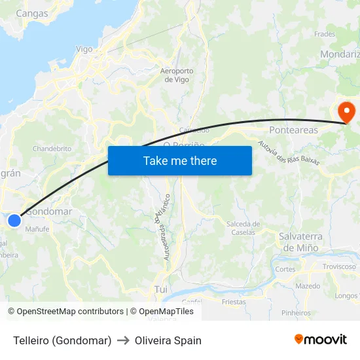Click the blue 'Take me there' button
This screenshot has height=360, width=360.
click(180, 160)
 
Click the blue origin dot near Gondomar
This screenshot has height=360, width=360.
click(14, 221)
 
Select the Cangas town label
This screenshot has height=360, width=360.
click(31, 13)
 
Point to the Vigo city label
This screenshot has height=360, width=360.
click(84, 49)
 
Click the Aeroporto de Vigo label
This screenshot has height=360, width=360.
click(177, 75)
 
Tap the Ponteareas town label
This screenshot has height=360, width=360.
click(293, 130)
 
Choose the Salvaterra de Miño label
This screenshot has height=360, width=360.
click(300, 242)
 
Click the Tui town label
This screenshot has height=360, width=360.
click(161, 289)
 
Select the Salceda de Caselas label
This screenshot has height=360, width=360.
click(243, 228)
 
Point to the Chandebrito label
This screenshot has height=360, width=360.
click(52, 149)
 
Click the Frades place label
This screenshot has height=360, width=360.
click(325, 34)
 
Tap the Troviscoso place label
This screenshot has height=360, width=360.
click(339, 266)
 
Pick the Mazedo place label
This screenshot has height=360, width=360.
click(308, 286)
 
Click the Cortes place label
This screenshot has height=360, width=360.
click(285, 269)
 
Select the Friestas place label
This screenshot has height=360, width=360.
click(234, 302)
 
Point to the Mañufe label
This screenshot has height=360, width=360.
click(37, 229)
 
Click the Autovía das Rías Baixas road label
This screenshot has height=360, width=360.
click(288, 153)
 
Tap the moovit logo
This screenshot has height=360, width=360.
click(321, 340)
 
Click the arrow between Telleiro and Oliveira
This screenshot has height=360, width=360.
click(123, 340)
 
